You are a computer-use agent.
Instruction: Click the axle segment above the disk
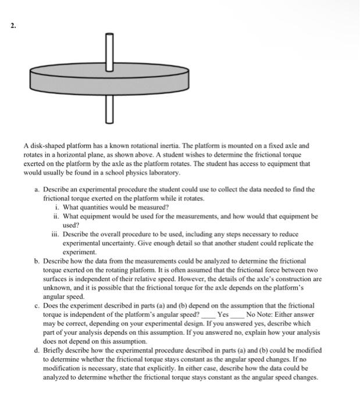pos(108,47)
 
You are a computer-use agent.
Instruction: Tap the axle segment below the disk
pos(108,108)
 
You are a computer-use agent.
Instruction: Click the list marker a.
pos(37,190)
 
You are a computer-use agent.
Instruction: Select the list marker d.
pos(37,351)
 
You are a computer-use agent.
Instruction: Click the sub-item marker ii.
pos(56,216)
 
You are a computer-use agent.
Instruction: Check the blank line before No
pos(238,315)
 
